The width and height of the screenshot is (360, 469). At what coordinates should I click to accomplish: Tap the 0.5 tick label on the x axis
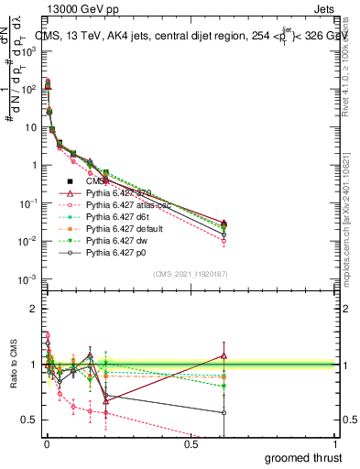[191, 444]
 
